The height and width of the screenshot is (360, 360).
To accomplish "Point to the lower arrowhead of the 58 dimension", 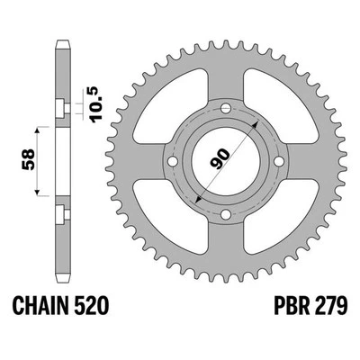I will (38, 194).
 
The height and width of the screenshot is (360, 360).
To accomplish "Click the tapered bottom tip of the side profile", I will (61, 281).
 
